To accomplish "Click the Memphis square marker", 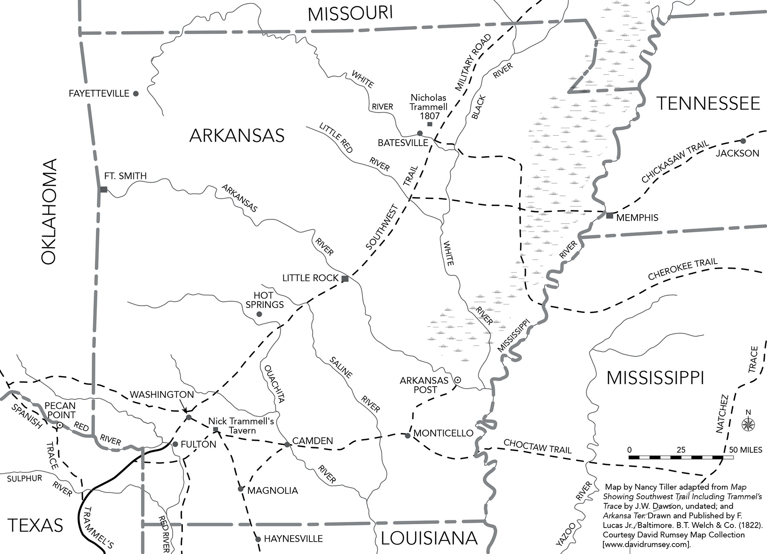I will point(610,215).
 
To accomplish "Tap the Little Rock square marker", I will point(345,279).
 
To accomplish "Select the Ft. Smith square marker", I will point(104,189).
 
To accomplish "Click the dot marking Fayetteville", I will point(136,93).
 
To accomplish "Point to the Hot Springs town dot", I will point(259,314).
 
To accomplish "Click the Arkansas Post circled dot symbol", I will point(457,379).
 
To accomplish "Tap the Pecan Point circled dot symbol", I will point(60,425).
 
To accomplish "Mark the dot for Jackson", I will point(743,141).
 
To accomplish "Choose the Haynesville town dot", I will point(258,539).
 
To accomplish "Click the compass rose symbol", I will point(748,424).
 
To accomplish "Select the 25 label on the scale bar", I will point(681,450).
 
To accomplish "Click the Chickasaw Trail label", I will point(675,162).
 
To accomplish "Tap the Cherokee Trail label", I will point(683,269).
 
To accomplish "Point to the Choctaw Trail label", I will point(537,446).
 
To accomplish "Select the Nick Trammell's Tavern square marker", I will point(216,429).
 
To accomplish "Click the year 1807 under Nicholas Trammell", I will point(430,116).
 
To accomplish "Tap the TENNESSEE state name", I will point(708,103).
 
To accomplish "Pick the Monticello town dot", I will point(408,435).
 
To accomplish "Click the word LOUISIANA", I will point(429,538).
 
